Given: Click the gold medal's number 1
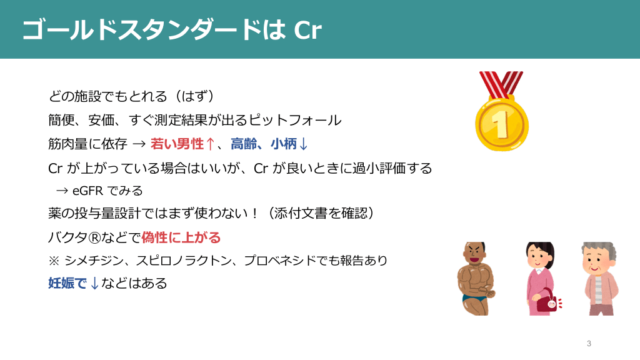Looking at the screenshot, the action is click(501, 124).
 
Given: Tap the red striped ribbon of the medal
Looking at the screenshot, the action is click(501, 84).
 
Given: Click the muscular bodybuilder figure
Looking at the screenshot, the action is click(476, 278).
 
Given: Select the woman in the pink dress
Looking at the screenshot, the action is click(541, 278).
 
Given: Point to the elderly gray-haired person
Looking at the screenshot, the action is click(599, 278).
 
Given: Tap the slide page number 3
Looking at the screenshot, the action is click(589, 344).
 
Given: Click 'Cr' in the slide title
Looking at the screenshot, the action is click(307, 30).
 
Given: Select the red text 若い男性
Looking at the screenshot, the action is click(177, 144).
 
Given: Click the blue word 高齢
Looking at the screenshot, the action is click(244, 144).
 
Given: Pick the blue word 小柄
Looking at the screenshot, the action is click(284, 144).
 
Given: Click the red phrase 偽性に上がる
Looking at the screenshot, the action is click(181, 237).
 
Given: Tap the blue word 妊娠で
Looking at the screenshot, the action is click(67, 283).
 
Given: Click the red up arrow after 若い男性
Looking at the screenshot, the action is click(210, 144).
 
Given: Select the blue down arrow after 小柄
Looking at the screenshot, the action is click(303, 144).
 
